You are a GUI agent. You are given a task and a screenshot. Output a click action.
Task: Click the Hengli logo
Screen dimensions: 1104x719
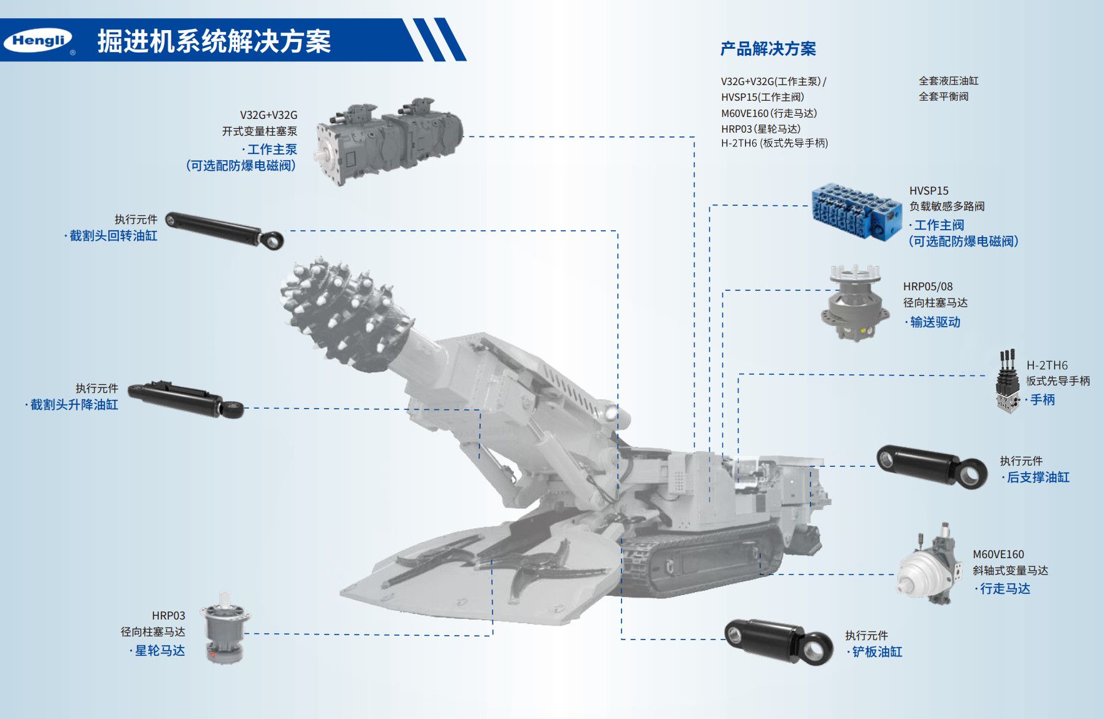pyautogui.click(x=38, y=41)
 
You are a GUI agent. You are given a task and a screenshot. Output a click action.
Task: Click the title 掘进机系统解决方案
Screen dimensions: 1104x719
pyautogui.click(x=214, y=41)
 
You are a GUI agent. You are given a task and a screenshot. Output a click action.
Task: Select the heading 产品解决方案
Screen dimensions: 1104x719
pyautogui.click(x=768, y=49)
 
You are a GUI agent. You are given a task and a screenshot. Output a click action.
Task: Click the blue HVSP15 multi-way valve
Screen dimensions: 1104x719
pyautogui.click(x=856, y=211)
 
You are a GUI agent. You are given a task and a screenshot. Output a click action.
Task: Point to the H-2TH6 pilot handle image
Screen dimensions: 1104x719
pyautogui.click(x=1008, y=382)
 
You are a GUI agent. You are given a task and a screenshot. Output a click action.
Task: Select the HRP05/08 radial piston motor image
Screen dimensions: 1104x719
pyautogui.click(x=855, y=303)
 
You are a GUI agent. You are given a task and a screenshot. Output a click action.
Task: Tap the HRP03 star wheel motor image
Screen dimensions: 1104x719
pyautogui.click(x=225, y=628)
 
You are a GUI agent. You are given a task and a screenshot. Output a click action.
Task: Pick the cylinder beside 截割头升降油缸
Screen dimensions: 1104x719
pyautogui.click(x=185, y=399)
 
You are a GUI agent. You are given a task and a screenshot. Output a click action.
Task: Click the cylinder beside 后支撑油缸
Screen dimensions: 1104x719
pyautogui.click(x=932, y=466)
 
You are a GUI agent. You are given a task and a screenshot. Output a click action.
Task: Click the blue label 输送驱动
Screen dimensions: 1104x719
pyautogui.click(x=935, y=322)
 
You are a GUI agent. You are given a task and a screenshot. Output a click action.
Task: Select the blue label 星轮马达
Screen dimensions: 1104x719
pyautogui.click(x=160, y=651)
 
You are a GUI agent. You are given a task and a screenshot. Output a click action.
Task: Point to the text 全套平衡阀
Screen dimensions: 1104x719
pyautogui.click(x=943, y=96)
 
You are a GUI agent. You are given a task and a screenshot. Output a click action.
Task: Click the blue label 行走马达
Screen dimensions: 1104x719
pyautogui.click(x=1005, y=589)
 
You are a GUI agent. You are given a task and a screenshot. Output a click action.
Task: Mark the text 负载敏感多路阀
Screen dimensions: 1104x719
pyautogui.click(x=947, y=207)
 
